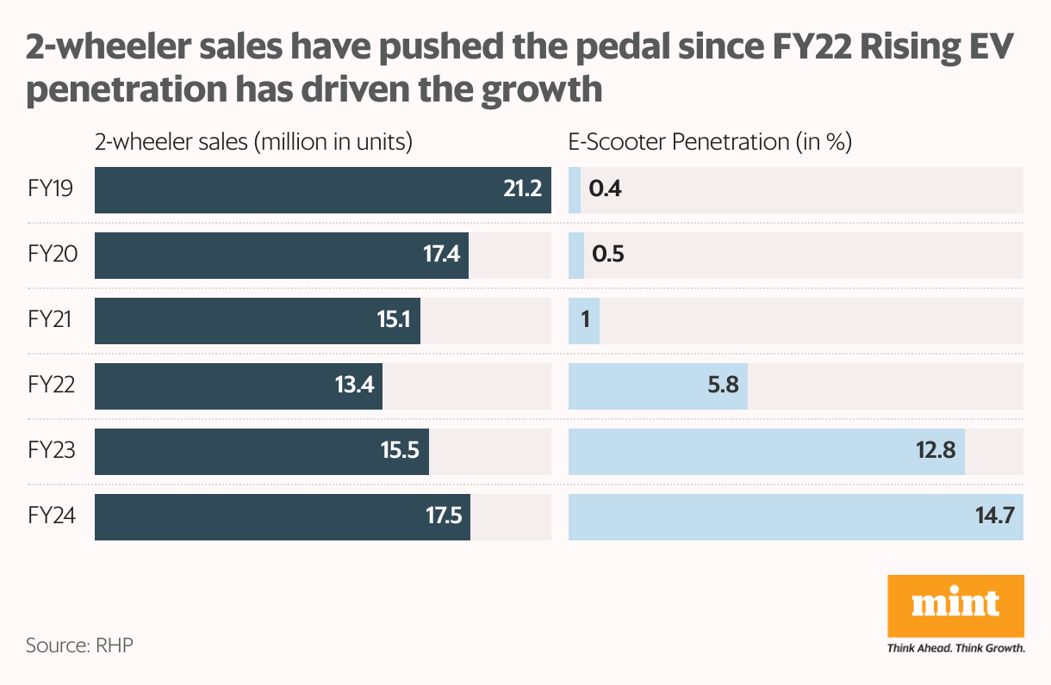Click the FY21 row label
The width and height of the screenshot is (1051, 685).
point(49,321)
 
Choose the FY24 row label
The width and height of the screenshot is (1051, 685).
point(51,517)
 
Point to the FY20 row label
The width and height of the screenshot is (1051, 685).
point(51,256)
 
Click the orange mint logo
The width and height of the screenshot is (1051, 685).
point(955,605)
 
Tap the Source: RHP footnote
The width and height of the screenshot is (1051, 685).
point(79,645)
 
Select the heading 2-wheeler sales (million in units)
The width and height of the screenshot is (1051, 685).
point(253,142)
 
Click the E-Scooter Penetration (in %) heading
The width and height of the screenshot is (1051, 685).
point(710,142)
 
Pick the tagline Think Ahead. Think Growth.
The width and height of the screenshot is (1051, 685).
point(955,648)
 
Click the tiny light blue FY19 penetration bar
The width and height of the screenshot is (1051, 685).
point(575,190)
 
